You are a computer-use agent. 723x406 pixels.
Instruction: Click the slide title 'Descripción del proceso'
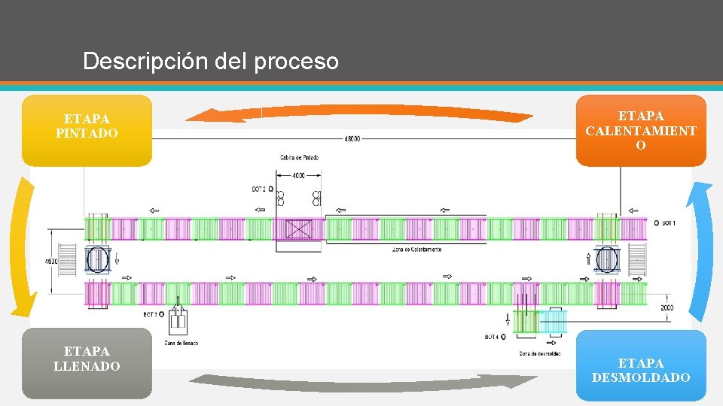(211, 61)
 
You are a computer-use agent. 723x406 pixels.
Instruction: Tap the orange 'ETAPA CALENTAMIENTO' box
(641, 131)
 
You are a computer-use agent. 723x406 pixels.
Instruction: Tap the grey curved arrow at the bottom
(361, 381)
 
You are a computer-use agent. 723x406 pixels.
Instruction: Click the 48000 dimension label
(352, 138)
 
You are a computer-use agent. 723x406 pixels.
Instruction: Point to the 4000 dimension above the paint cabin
(298, 175)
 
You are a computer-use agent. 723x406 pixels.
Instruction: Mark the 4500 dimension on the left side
(50, 261)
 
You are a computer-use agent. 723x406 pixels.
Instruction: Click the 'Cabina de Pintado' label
(298, 158)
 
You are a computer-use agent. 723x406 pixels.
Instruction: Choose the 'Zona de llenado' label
(181, 343)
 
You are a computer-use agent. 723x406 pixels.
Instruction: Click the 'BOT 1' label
(669, 223)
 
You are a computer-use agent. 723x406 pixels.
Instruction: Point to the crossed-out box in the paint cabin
(298, 229)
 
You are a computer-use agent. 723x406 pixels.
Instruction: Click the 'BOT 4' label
(491, 337)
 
